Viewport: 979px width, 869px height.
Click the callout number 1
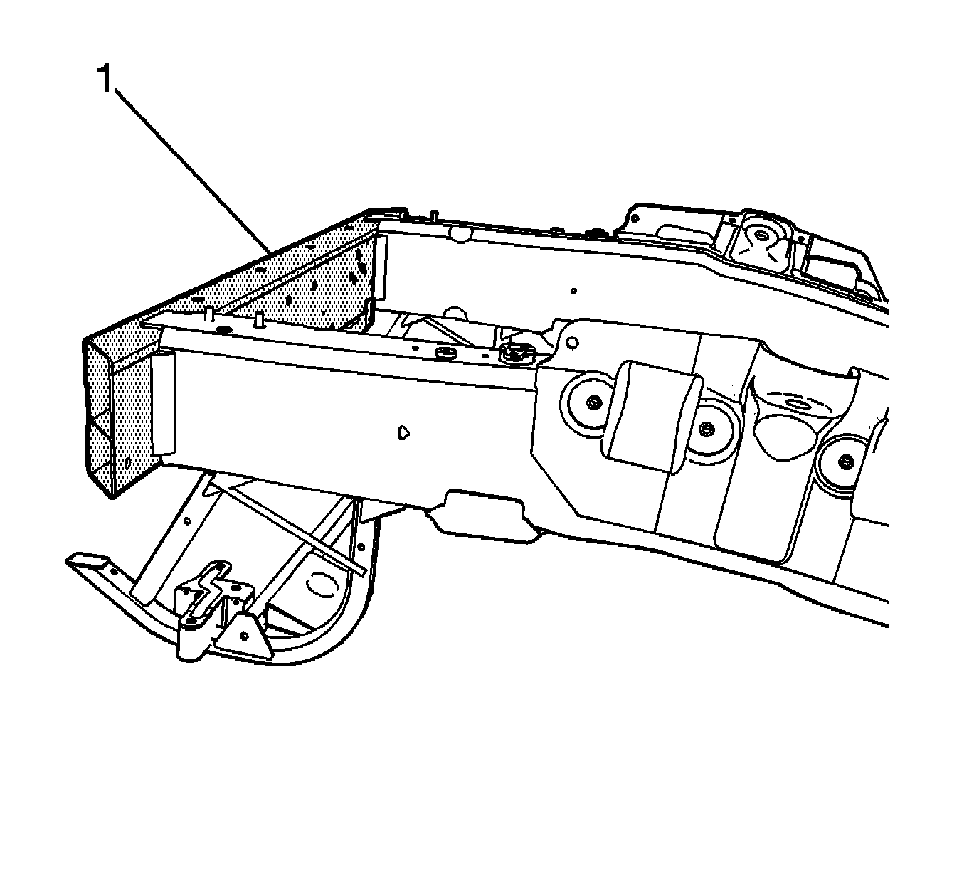click(105, 79)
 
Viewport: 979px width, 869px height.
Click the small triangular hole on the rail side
click(403, 431)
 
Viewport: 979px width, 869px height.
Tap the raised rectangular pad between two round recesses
click(650, 415)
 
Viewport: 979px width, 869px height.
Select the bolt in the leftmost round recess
click(592, 403)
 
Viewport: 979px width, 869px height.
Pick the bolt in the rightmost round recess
click(845, 463)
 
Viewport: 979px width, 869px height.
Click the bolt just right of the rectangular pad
click(705, 429)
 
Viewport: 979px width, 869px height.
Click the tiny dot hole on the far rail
click(573, 290)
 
